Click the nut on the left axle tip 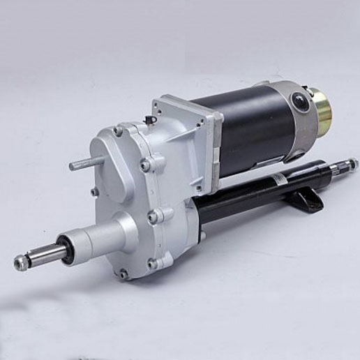pos(22,262)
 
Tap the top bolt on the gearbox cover pos(118,131)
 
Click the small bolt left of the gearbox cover pos(94,191)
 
